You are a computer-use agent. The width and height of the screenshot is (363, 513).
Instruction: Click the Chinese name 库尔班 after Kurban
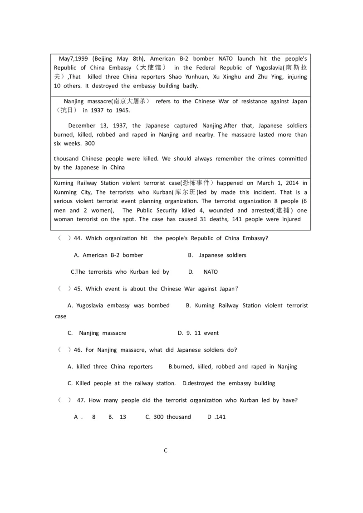click(184, 192)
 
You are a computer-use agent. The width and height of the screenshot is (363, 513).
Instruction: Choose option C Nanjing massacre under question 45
click(97, 333)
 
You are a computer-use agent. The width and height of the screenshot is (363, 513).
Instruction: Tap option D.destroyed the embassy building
click(229, 383)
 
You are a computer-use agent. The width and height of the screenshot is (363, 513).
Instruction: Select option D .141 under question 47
click(216, 417)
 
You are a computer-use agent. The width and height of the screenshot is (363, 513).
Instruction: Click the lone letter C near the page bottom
click(166, 450)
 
